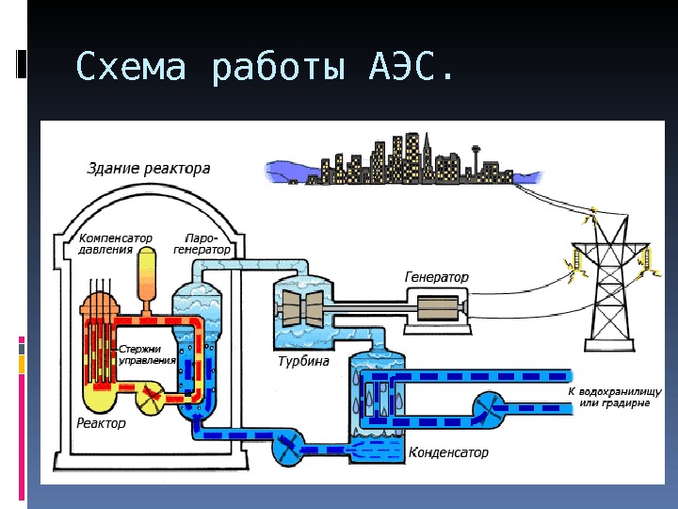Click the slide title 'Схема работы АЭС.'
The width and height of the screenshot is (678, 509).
point(264,68)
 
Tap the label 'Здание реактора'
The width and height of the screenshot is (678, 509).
point(149,169)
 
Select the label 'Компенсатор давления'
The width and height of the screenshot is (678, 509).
point(115,245)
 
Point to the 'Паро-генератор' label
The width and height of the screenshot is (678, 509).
point(202,245)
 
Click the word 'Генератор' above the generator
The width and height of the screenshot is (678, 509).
point(436,278)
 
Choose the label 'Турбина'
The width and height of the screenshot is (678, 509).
point(302,362)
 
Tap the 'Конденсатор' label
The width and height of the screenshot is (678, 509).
point(448,452)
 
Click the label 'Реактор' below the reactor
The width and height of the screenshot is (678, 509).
point(101,423)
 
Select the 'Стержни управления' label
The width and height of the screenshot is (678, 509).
point(148,354)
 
